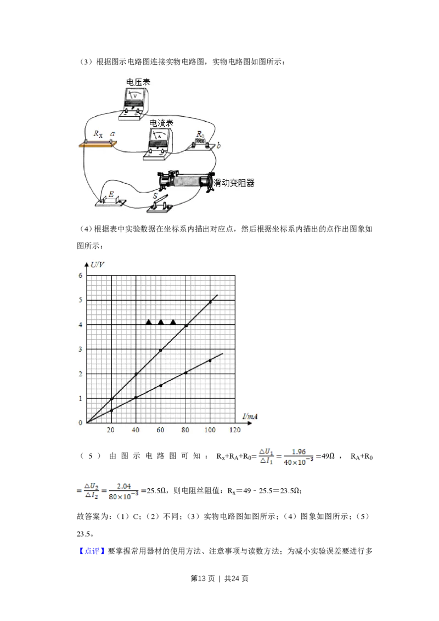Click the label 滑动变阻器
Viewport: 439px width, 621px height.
(234, 183)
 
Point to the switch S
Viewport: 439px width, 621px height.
(160, 204)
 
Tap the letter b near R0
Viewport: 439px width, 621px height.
(218, 145)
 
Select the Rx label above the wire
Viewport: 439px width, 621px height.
(98, 134)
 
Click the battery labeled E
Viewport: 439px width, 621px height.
(110, 200)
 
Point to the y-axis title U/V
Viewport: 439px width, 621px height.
(98, 264)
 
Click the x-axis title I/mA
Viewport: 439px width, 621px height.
(250, 416)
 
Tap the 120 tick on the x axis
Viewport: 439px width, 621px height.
(235, 430)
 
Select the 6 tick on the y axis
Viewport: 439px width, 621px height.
(81, 275)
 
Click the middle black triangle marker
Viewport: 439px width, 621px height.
(161, 322)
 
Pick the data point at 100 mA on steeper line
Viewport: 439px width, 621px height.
(210, 302)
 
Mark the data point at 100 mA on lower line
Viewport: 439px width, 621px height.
(210, 360)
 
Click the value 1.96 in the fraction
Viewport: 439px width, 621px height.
(299, 451)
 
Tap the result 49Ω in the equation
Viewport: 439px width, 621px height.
(328, 456)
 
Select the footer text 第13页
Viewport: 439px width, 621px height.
(202, 579)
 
